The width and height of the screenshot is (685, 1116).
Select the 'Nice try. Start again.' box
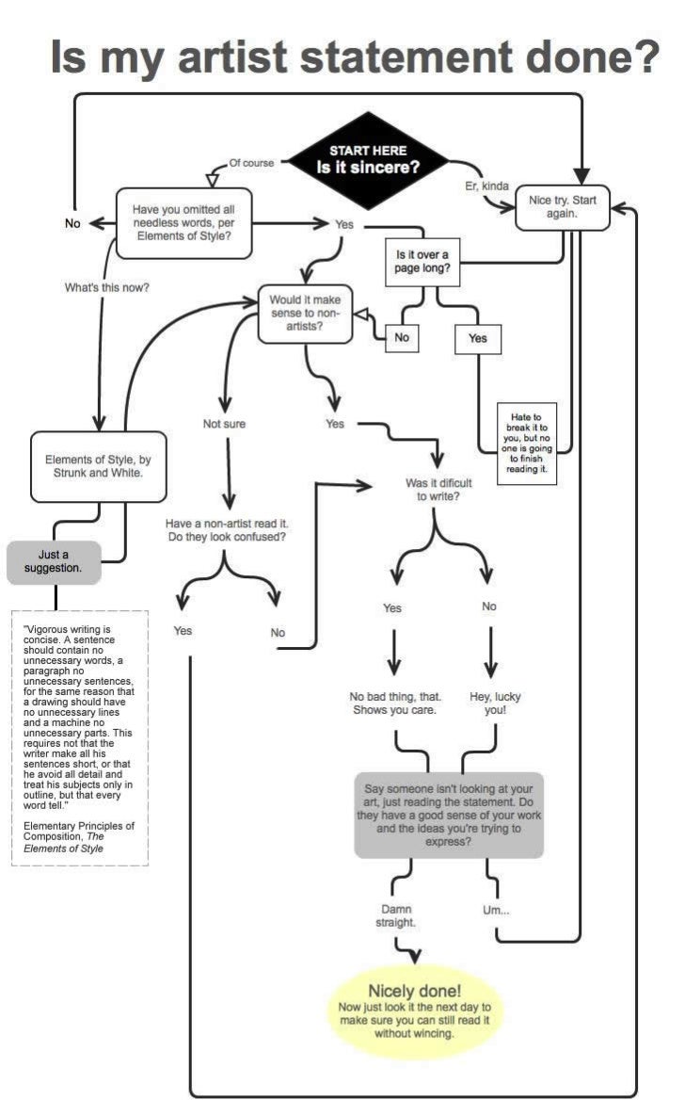562,207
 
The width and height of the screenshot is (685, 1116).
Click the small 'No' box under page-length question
401,337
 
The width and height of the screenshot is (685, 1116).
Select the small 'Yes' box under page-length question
477,338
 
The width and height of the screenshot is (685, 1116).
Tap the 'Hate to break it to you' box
526,443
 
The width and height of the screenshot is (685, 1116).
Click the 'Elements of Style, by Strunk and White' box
98,466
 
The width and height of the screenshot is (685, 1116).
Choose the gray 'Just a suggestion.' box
53,561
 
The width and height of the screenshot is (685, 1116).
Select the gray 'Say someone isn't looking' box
449,814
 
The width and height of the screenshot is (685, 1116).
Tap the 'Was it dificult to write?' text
438,489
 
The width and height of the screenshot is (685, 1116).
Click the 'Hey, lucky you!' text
495,704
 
